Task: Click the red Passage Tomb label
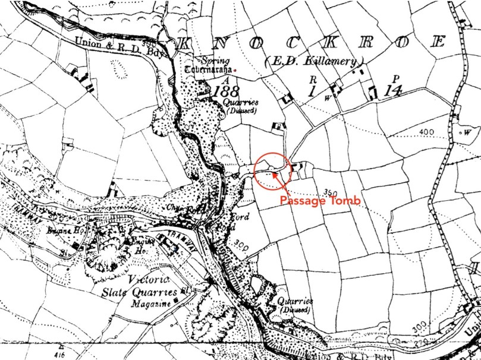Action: (x=320, y=201)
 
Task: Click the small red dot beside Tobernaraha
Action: (x=235, y=71)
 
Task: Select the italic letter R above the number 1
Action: (x=312, y=78)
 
